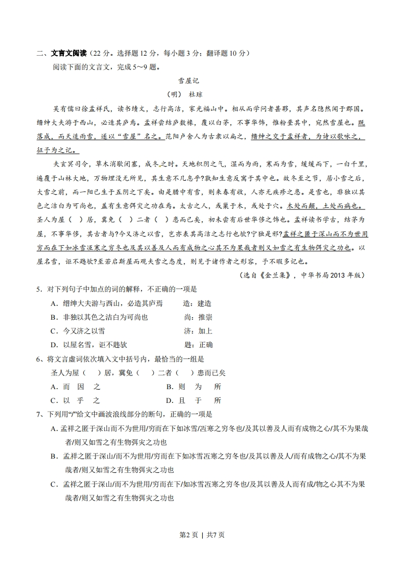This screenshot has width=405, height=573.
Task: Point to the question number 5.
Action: point(38,289)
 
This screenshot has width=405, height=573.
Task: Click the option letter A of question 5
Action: point(54,303)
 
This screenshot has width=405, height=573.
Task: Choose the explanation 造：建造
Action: point(197,303)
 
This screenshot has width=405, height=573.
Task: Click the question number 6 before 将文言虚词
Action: point(38,359)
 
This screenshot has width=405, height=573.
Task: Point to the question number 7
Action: point(38,414)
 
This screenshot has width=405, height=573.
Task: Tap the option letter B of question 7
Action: point(54,456)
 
